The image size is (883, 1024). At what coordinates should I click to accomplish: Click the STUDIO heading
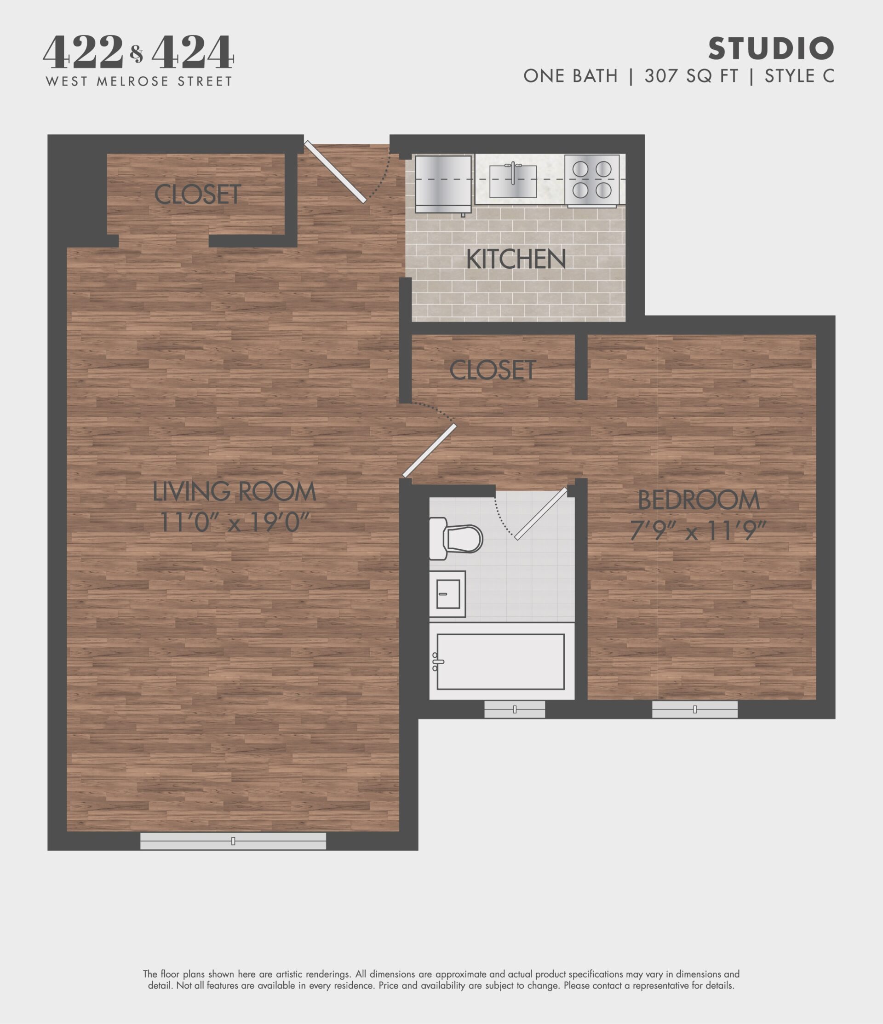point(771,48)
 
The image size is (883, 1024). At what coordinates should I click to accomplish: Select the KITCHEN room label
point(516,259)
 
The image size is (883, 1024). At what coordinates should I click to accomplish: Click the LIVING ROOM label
point(234,491)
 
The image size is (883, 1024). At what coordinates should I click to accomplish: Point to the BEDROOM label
point(699,500)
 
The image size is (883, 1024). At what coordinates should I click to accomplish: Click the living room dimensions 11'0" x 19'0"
point(234,522)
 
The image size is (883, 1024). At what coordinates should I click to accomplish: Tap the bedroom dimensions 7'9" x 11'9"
point(698,531)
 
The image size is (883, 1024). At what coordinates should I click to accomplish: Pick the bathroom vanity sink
point(447,593)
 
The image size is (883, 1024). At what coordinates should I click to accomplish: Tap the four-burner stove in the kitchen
point(592,179)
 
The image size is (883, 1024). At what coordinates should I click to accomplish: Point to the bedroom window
point(695,709)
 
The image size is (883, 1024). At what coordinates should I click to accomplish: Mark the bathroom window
point(514,709)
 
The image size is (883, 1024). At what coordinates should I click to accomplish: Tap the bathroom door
point(540,513)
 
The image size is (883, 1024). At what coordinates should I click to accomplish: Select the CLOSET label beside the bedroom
point(493,370)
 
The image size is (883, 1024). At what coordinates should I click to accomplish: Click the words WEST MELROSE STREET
point(139,81)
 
